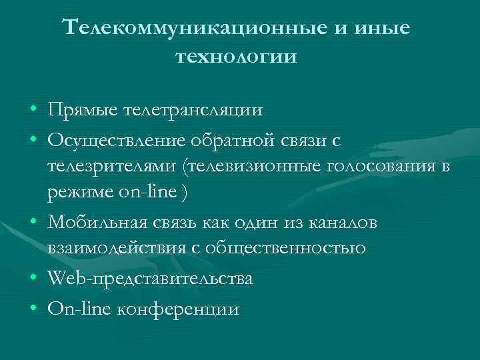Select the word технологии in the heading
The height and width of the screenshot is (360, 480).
tap(236, 57)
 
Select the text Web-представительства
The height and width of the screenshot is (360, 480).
tap(150, 279)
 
